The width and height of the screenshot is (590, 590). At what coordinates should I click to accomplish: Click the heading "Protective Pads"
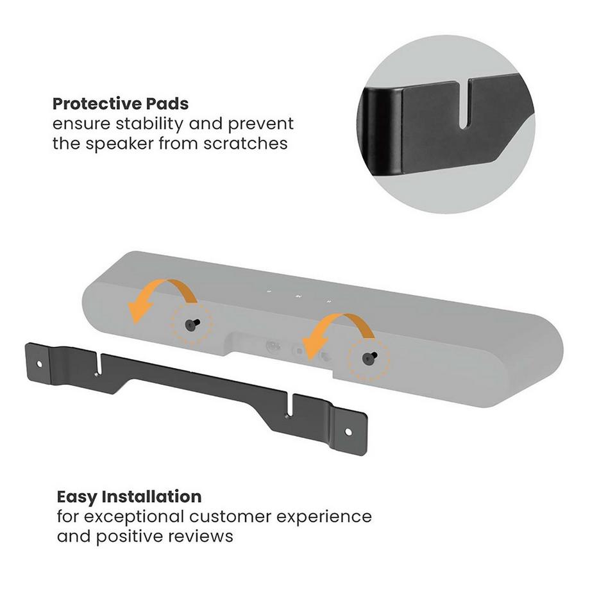[120, 103]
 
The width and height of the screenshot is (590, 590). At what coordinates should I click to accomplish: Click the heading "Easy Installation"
[129, 496]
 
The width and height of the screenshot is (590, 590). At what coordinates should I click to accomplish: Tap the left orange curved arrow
[162, 299]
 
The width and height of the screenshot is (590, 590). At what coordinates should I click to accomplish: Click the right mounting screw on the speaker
[368, 357]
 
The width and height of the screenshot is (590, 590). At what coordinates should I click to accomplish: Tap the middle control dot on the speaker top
[298, 296]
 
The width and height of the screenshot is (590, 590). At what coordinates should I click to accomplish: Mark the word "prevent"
[264, 123]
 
